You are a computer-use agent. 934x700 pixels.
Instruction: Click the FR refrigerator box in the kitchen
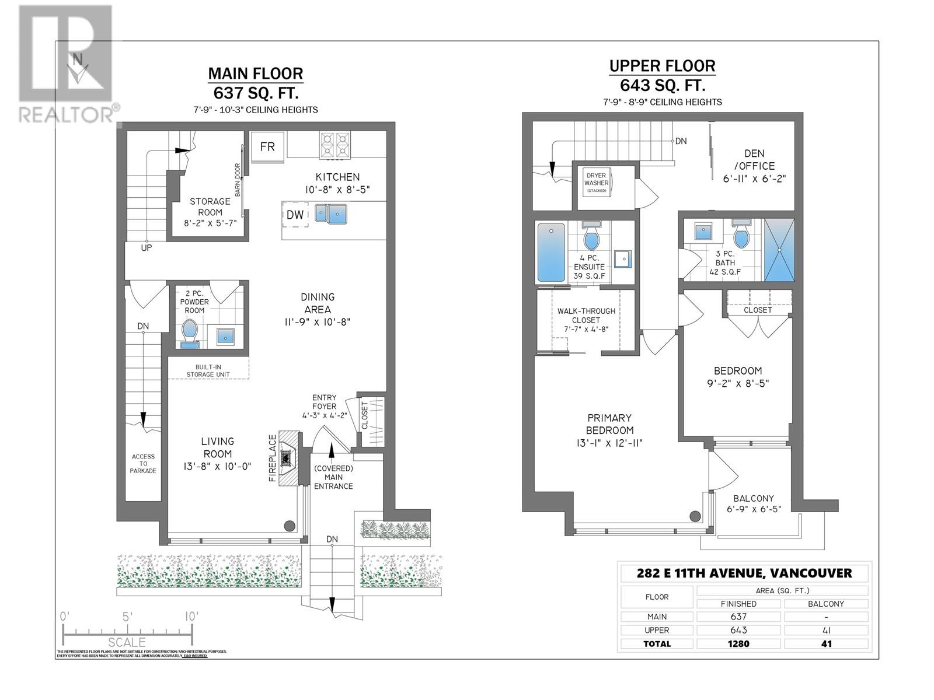point(267,146)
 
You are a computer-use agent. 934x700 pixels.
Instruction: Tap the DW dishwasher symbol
point(295,215)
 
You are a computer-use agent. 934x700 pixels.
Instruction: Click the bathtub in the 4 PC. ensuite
point(551,253)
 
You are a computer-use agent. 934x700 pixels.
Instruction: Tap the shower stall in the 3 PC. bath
point(779,250)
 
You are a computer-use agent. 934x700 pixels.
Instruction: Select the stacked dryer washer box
point(597,183)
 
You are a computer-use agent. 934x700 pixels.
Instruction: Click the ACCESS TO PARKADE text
point(143,463)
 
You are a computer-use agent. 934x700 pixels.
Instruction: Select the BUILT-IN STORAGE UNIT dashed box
point(208,370)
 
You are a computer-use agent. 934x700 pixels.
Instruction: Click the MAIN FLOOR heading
point(256,73)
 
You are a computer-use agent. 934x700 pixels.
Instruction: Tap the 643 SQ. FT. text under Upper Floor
point(662,86)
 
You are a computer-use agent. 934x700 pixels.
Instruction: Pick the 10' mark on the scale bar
point(191,617)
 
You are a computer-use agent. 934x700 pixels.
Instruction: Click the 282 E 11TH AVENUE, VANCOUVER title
point(744,573)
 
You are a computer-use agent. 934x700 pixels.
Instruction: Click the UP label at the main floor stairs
point(147,247)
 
